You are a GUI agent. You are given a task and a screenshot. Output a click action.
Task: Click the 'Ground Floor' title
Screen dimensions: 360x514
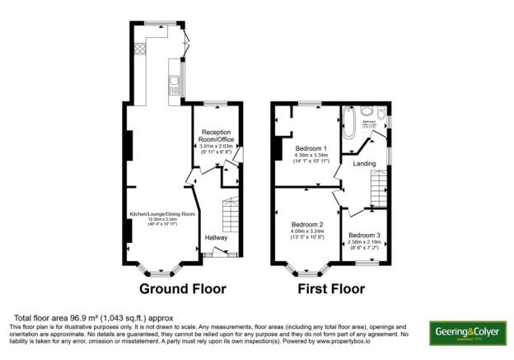[x=182, y=290]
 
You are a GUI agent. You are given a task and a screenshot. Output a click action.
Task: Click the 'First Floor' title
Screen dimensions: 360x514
[x=334, y=290]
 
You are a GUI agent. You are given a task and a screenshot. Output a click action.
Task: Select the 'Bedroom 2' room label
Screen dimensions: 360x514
[x=306, y=224]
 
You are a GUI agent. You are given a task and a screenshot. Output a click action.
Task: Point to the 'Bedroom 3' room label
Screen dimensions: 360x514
[x=364, y=235]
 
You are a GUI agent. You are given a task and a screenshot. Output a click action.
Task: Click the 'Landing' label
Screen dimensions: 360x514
[x=364, y=164]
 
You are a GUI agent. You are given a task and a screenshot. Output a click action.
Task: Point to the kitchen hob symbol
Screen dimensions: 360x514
[x=140, y=48]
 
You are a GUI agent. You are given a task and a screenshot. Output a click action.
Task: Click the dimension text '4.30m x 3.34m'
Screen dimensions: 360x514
[x=312, y=156]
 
